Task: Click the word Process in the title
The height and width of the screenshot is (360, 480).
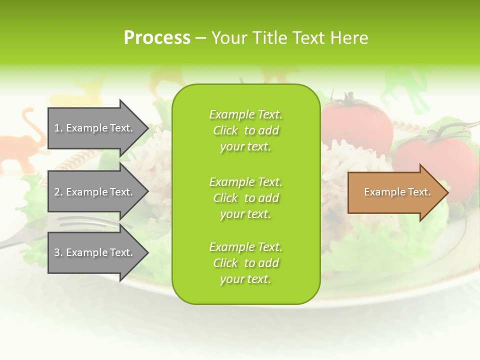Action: point(157,38)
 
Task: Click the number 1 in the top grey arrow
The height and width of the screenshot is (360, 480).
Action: point(57,128)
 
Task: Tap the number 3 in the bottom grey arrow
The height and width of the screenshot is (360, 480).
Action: point(57,252)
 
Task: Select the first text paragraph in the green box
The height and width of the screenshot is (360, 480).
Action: point(245,130)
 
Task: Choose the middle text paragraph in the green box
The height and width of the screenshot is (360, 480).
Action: point(245,198)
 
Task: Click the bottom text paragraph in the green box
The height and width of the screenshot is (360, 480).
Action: point(245,263)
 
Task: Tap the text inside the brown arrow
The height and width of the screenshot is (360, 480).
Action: point(397,192)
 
